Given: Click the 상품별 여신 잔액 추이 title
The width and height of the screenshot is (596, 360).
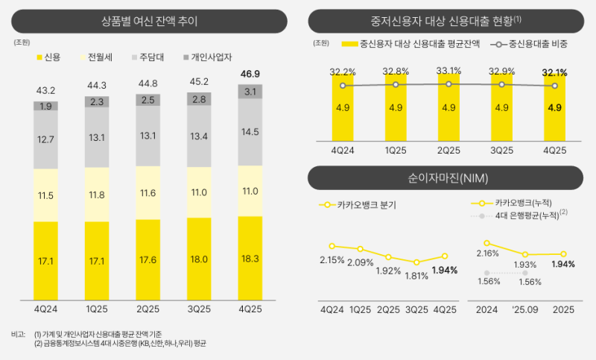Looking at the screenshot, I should (x=150, y=20).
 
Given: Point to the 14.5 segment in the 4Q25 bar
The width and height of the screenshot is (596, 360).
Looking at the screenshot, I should (x=250, y=132).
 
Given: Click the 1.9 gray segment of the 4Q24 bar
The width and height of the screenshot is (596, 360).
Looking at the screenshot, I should (x=45, y=106).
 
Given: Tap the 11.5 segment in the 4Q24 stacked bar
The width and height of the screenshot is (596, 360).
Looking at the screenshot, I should (x=45, y=195).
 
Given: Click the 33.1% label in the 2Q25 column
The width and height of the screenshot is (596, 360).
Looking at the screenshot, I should (x=448, y=72).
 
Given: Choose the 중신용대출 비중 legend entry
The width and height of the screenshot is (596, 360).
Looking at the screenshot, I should (x=531, y=44).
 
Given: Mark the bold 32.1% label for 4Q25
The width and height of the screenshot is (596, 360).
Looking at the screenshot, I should (x=554, y=72).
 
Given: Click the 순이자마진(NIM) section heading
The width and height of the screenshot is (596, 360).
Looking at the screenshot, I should (x=447, y=179).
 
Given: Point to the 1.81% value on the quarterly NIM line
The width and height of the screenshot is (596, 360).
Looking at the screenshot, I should (x=417, y=276).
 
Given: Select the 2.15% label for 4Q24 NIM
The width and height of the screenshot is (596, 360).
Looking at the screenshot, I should (x=332, y=259).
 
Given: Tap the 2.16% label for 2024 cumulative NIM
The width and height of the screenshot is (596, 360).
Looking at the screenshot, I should (x=487, y=253).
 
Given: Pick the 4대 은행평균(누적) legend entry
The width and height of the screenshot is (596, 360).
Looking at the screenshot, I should (x=523, y=215).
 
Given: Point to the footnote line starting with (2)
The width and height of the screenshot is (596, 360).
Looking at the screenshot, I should (x=119, y=344).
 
